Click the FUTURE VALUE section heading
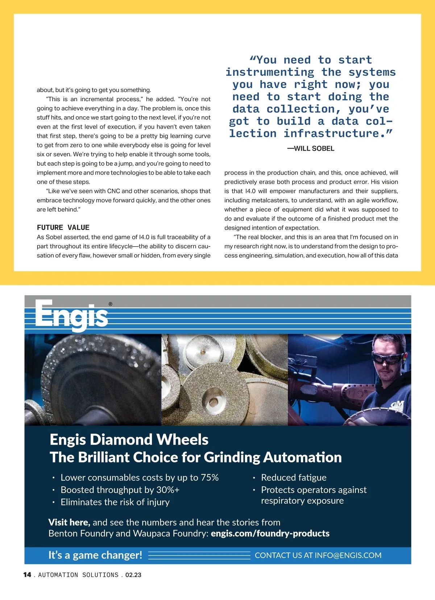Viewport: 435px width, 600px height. coord(63,227)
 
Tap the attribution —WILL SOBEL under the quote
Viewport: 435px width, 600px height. coord(311,148)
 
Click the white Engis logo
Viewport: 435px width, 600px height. coord(71,314)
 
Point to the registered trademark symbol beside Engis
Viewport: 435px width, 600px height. coord(111,304)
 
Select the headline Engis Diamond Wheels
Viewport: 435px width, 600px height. coord(129,440)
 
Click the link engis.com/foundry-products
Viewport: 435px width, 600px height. coord(270,533)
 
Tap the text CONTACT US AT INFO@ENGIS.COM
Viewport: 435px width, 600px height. coord(318,555)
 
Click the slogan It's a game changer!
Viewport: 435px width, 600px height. coord(95,555)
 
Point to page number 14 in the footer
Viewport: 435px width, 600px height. coord(27,575)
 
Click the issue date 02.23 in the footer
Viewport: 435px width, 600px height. coord(133,575)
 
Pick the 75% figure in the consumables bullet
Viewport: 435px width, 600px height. coord(210,478)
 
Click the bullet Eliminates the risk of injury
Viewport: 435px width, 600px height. coord(115,502)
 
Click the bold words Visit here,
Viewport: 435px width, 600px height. coord(69,523)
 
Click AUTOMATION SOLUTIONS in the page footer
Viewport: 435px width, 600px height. coord(78,575)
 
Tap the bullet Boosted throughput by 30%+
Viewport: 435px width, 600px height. coord(120,490)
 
